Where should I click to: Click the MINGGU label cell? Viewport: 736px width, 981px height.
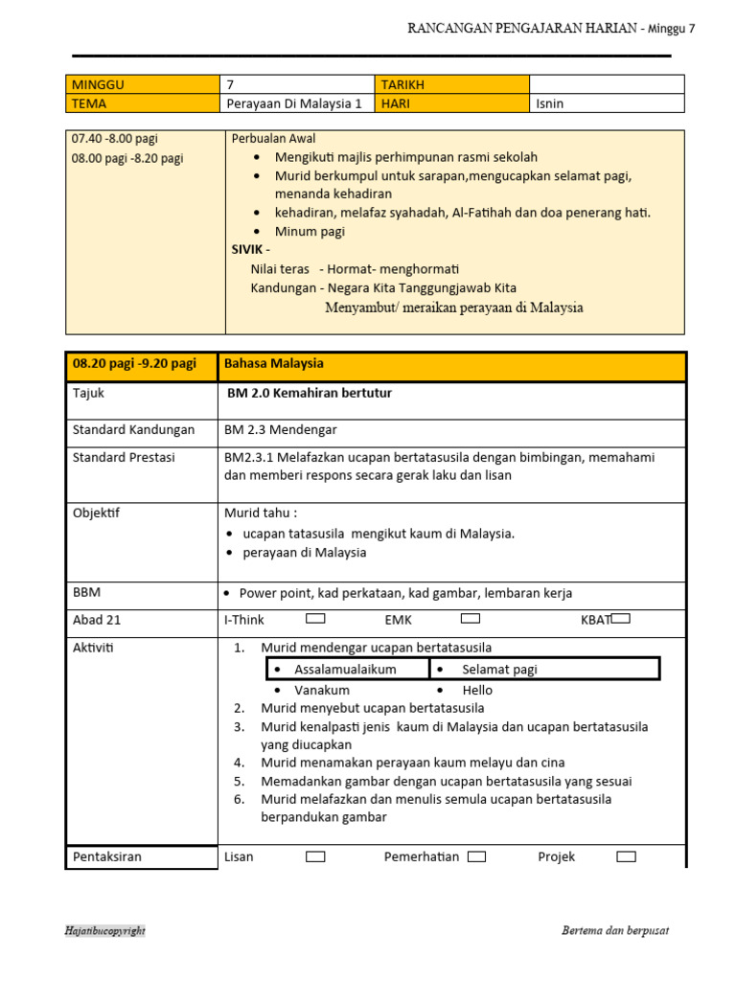[x=143, y=84]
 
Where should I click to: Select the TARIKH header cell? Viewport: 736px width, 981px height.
[x=452, y=84]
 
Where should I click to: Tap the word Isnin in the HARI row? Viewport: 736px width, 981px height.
[x=550, y=103]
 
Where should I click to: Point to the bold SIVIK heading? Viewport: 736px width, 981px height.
[x=250, y=249]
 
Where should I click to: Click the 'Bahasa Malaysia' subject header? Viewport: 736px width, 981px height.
[x=274, y=364]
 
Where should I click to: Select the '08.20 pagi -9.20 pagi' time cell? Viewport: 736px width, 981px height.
[x=134, y=364]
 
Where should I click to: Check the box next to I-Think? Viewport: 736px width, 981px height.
[x=315, y=619]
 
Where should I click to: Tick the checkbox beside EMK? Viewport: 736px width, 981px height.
[x=470, y=619]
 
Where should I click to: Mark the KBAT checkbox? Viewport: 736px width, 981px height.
[x=620, y=619]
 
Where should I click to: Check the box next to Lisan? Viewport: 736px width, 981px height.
[x=315, y=856]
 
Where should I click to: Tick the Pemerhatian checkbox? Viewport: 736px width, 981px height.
[x=476, y=856]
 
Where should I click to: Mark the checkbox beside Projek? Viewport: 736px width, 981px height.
[x=626, y=856]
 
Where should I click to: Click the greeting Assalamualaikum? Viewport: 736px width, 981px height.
[x=345, y=670]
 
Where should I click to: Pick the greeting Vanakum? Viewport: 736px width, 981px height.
[x=322, y=690]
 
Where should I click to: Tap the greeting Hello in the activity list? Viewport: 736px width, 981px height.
[x=477, y=690]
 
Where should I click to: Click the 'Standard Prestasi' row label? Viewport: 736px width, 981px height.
[x=124, y=458]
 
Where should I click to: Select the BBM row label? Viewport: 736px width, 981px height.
[x=86, y=593]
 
